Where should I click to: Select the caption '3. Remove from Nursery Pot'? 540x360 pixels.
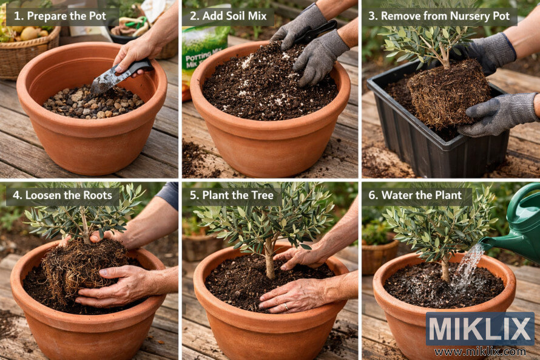tap(442, 16)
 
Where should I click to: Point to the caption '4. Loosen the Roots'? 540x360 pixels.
tap(63, 195)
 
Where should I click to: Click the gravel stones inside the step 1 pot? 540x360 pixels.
tap(91, 103)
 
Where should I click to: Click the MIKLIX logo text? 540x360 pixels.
tap(480, 328)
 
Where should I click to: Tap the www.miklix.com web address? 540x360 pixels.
tap(480, 351)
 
